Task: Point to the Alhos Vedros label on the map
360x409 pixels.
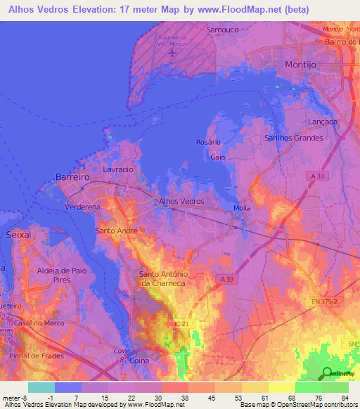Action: (x=181, y=201)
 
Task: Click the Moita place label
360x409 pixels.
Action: (x=242, y=209)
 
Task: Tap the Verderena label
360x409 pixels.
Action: (x=82, y=208)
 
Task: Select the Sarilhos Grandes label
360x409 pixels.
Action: (x=293, y=138)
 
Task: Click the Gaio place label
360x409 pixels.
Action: (x=217, y=157)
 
